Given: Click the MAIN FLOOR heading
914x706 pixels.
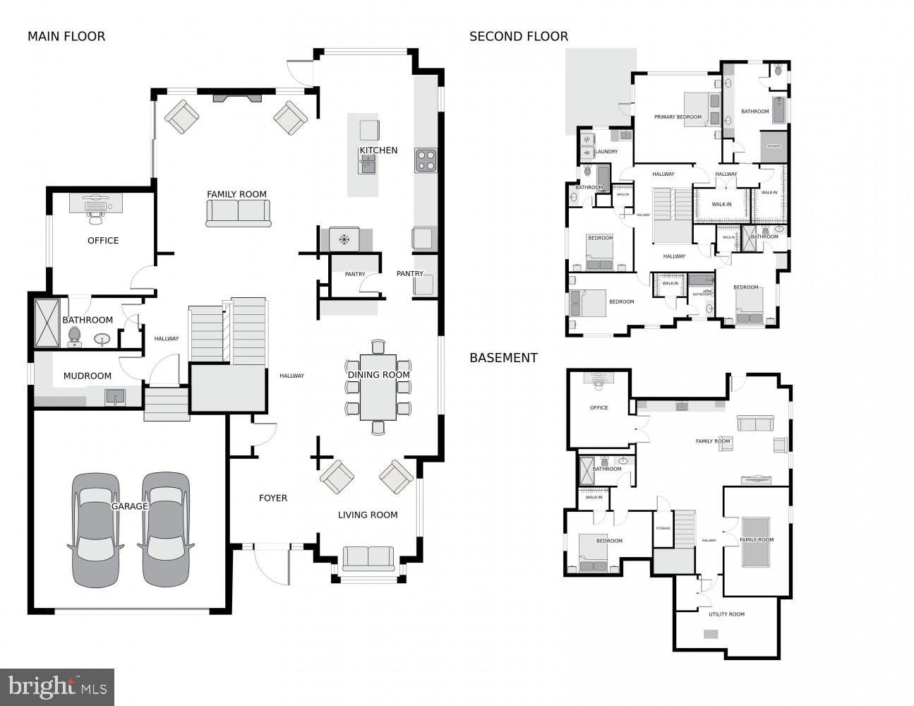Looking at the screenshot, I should point(66,36).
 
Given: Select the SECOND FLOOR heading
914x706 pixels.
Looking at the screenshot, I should point(519,36).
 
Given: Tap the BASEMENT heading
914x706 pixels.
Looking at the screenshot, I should point(503,358).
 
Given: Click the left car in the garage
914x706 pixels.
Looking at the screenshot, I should point(95,529).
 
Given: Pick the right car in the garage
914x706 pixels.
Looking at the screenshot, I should point(166,529).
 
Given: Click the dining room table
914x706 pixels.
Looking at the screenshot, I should point(378,387).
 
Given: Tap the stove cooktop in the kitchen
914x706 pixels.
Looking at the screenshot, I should point(426,160).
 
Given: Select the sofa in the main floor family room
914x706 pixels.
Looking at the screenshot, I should point(239,213).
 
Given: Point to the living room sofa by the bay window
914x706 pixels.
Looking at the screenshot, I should point(368,558).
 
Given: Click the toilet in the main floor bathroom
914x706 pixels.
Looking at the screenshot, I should point(75,336).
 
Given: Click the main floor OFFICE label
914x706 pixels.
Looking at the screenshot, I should point(103,241).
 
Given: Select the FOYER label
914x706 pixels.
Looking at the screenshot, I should point(273,498).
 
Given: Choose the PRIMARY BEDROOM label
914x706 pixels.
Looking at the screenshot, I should point(678,117).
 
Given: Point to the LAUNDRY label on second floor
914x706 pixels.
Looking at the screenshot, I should point(606,152).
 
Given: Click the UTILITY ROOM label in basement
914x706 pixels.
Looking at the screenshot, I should point(726,614).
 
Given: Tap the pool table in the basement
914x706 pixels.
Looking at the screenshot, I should point(756,542).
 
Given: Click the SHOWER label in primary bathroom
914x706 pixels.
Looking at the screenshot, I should point(774,146).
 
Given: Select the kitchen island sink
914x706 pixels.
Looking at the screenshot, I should point(368,164).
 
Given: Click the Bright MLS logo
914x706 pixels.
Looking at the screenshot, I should point(57,686).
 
